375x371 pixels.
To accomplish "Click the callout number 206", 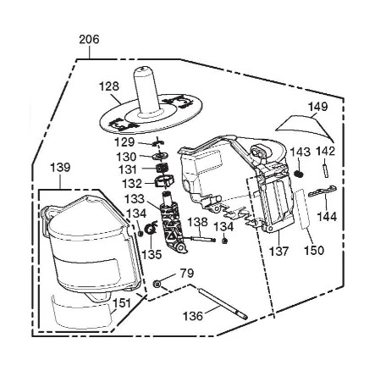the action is (89, 40).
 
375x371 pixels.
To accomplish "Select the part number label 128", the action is (109, 86).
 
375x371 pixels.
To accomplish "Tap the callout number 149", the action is (317, 107).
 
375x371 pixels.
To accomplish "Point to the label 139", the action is (60, 168).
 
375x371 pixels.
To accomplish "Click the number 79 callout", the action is (187, 273).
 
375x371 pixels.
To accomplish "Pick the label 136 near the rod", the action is (193, 316).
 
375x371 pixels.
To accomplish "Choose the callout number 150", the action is (314, 250).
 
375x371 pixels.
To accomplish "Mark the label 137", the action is (278, 251).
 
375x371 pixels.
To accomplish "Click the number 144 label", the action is (327, 217).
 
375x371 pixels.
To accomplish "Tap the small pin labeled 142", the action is (326, 170).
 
